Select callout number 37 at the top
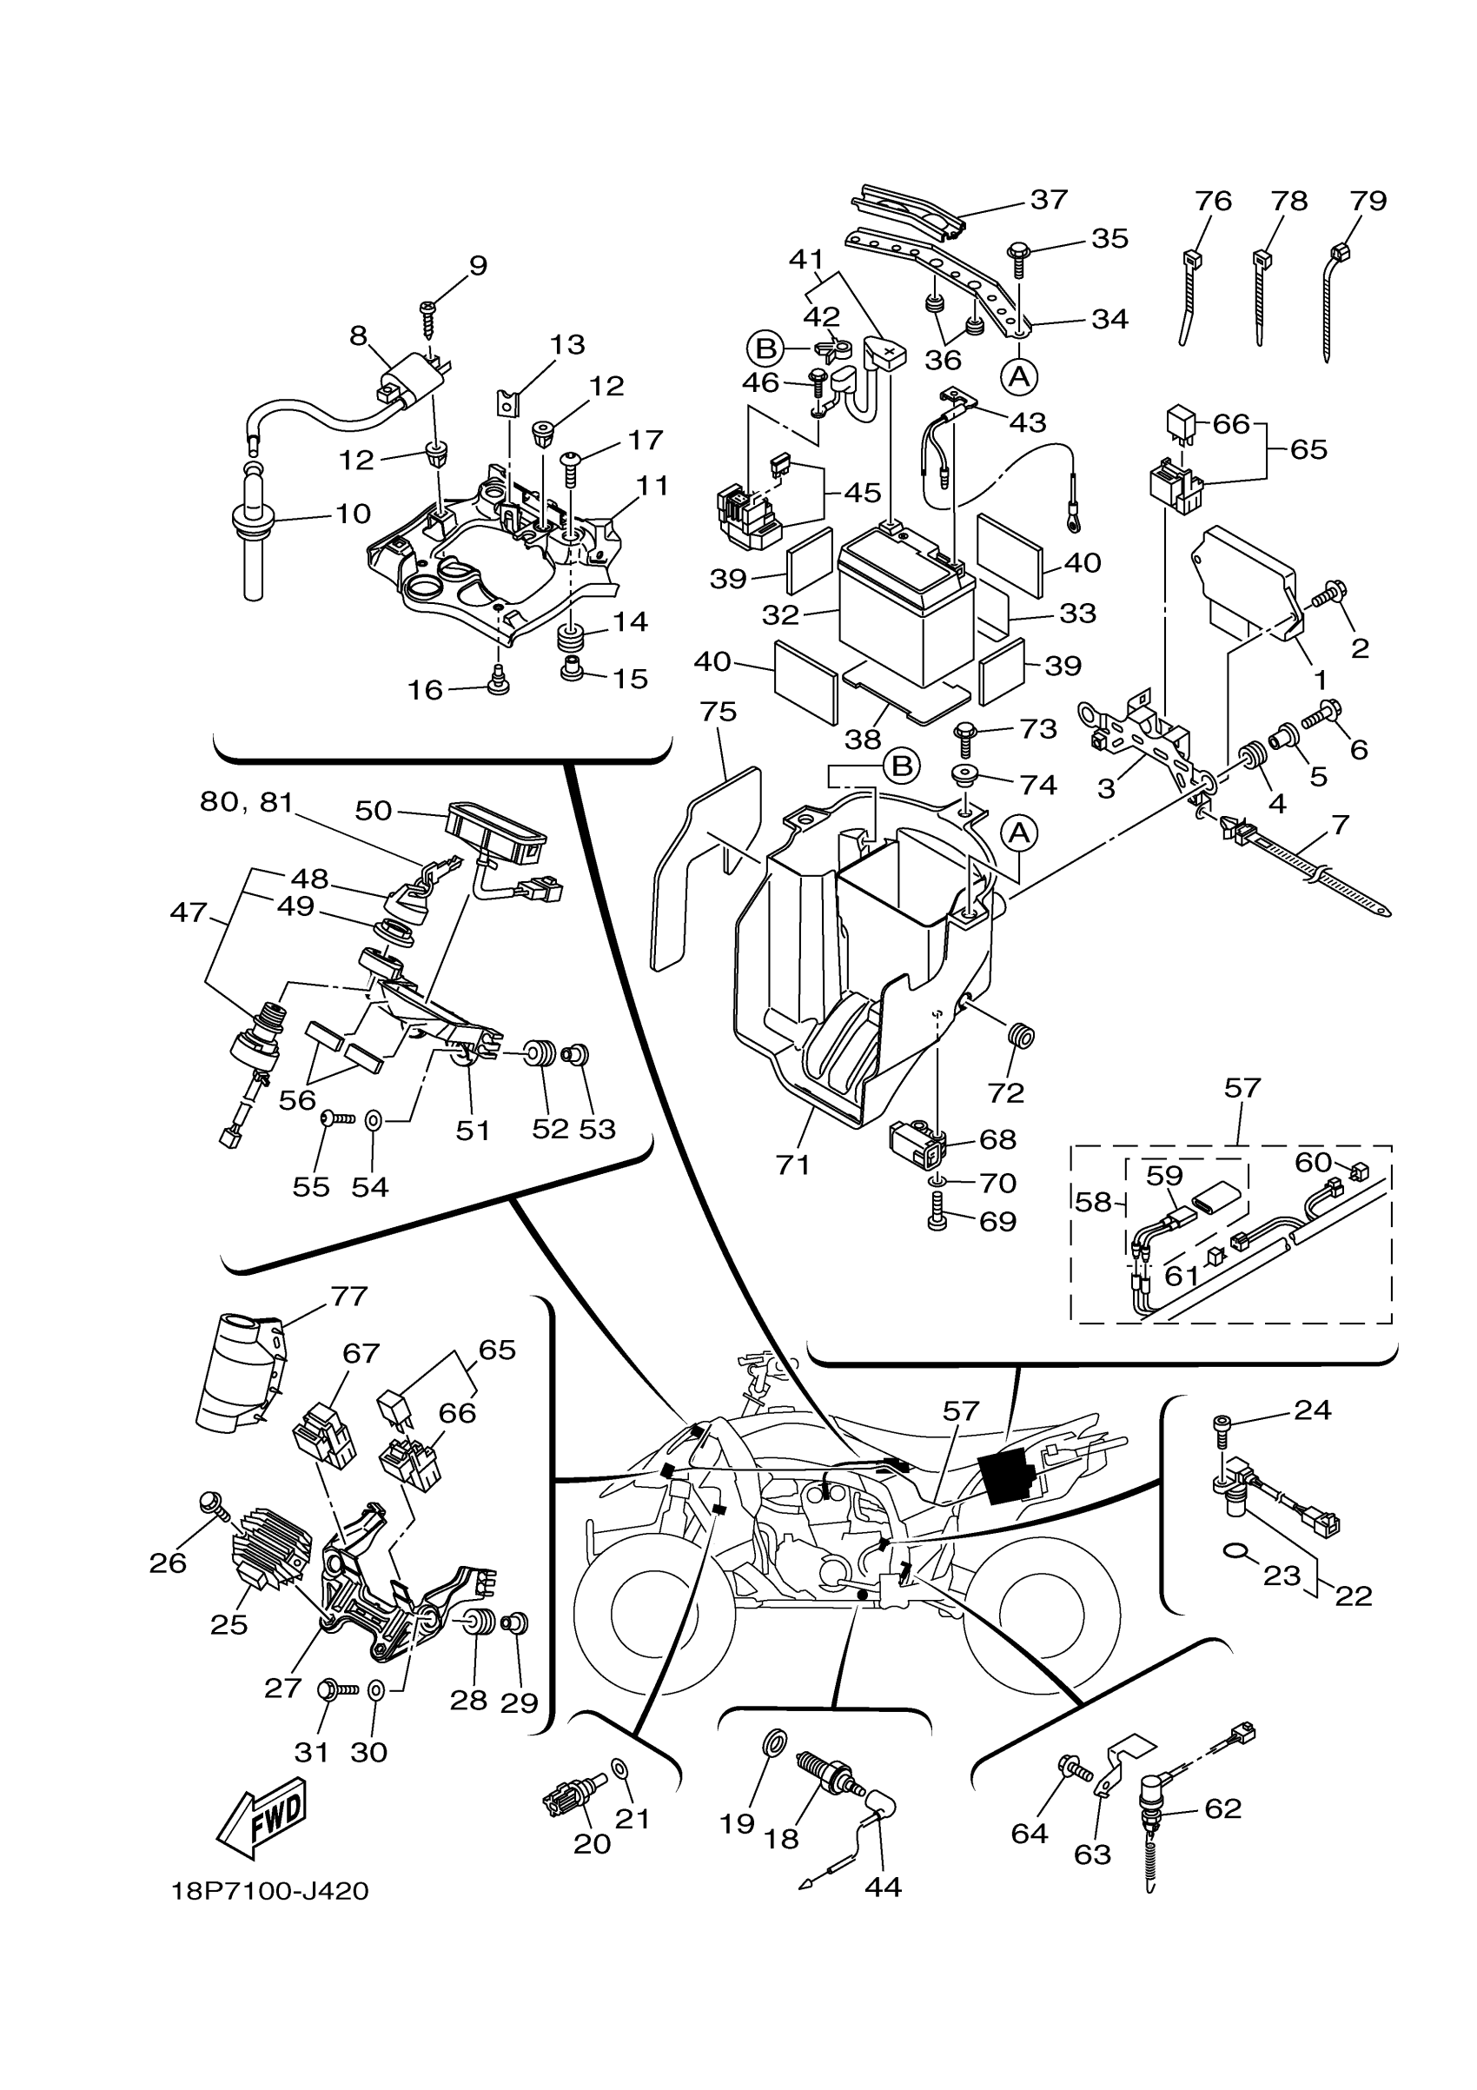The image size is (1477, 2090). coord(1049,198)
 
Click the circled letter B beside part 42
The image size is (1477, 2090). coord(765,348)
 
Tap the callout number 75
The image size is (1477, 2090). coord(718,712)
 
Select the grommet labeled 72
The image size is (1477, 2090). coord(1022,1036)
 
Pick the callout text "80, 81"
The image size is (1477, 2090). coord(247,802)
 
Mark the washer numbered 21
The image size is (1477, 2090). coord(619,1767)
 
